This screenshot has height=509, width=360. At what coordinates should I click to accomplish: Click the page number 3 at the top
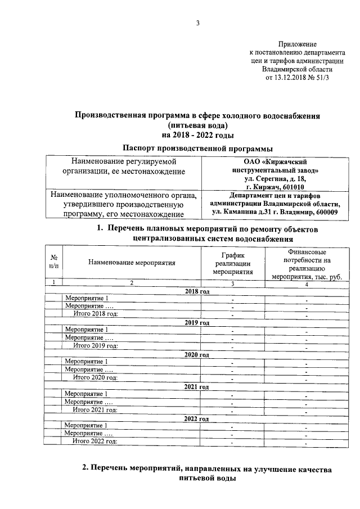[x=197, y=23]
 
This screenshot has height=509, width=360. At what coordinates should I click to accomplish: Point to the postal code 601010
[x=291, y=187]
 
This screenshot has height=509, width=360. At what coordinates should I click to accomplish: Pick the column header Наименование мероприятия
[x=132, y=262]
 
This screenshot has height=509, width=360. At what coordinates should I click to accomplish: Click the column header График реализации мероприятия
[x=232, y=262]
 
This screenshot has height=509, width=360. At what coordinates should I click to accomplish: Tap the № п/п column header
[x=53, y=262]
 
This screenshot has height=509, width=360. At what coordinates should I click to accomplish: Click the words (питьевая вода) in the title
[x=197, y=125]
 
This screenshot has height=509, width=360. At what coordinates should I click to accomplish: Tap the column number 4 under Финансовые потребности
[x=306, y=283]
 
